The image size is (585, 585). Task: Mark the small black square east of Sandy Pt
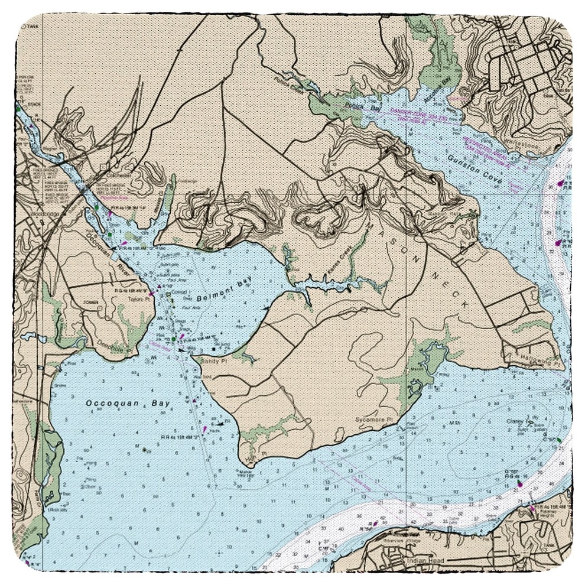(213, 350)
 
